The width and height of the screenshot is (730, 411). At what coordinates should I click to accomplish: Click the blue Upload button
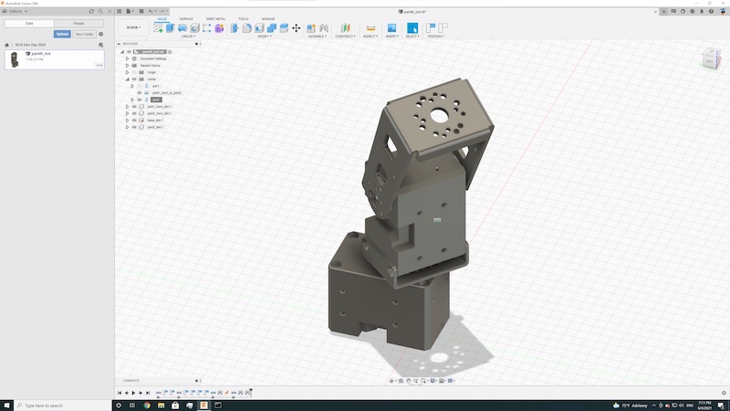pos(62,34)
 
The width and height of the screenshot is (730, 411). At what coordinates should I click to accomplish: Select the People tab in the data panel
pos(79,23)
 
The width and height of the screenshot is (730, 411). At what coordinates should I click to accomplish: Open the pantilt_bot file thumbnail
pos(15,60)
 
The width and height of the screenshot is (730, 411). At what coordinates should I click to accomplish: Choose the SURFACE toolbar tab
pos(186,18)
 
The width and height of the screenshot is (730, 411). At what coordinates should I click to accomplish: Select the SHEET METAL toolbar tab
pos(216,18)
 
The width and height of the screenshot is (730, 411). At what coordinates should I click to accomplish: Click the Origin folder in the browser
pos(151,72)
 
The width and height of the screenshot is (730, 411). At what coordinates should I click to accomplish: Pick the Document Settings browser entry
pos(154,58)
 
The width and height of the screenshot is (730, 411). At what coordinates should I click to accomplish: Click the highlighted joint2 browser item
pos(156,100)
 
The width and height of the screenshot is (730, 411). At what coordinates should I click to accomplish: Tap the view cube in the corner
pos(710,60)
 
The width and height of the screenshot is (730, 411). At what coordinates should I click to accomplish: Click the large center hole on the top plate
pos(440,116)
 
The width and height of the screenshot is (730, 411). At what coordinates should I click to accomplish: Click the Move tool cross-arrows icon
pos(297,28)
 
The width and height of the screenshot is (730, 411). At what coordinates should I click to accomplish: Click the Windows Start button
pos(6,406)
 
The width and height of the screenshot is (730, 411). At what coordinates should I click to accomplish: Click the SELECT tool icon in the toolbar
pos(412,28)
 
